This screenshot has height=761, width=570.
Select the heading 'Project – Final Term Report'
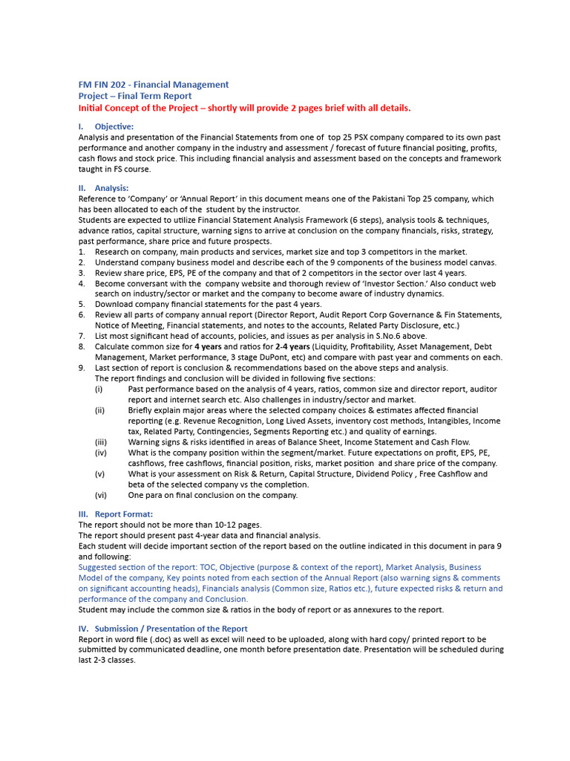point(135,96)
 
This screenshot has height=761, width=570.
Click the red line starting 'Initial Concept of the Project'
point(244,108)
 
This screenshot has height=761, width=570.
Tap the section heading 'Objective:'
point(114,126)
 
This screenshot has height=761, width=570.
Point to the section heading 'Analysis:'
point(111,188)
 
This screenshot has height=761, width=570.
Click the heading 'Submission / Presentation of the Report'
point(171,629)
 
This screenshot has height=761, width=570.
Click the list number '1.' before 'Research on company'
point(82,252)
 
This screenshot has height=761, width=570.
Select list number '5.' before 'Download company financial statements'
point(82,305)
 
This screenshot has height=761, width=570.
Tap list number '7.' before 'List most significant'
point(82,336)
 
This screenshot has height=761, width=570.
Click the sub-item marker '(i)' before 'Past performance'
point(99,389)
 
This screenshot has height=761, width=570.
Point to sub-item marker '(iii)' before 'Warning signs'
point(100,441)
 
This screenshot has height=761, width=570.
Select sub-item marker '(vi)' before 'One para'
point(100,495)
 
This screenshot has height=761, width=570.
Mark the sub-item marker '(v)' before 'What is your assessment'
point(99,473)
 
